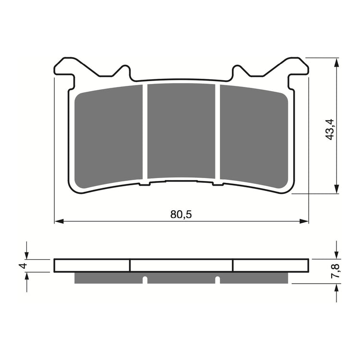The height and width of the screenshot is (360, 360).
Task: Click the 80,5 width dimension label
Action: click(180, 215)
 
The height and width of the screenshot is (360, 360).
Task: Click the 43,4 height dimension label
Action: click(330, 129)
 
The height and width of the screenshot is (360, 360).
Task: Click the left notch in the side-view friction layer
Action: click(144, 279)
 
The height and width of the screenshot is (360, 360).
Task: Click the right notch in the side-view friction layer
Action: click(217, 279)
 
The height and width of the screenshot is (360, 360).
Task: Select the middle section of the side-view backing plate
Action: click(181, 265)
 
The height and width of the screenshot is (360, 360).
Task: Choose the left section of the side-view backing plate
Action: click(92, 265)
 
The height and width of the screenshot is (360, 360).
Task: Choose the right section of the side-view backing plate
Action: click(270, 265)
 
